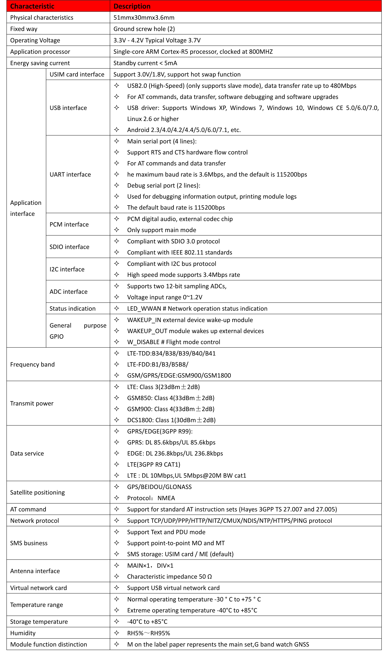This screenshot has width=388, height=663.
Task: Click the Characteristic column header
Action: (x=32, y=6)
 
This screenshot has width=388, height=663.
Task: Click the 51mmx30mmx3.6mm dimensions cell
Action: (x=144, y=18)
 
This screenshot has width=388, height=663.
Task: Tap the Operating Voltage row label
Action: (x=35, y=40)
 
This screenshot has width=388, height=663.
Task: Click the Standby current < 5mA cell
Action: (x=145, y=63)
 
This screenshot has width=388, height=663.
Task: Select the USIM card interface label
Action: (x=77, y=74)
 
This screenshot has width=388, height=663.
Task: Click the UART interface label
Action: (x=70, y=175)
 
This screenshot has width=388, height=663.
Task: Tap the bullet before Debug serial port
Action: (x=117, y=185)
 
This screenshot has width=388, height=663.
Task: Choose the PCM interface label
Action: (x=69, y=224)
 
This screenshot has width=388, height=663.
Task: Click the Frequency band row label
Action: (x=32, y=364)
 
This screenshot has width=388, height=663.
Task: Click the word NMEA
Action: (x=166, y=498)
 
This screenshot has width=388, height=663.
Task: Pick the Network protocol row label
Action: (x=34, y=521)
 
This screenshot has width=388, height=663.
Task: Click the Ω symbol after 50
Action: (x=209, y=577)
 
